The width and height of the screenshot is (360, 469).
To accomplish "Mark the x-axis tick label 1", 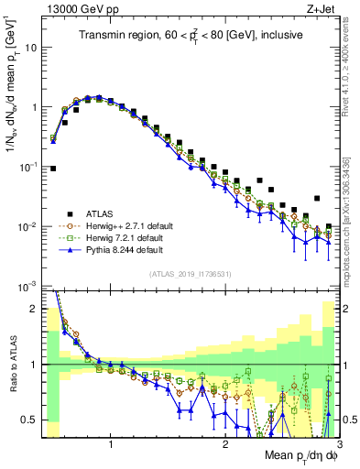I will [111, 442].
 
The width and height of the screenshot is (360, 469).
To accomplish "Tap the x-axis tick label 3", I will [339, 442].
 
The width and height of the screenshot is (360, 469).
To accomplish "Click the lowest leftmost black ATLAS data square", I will [54, 169].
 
